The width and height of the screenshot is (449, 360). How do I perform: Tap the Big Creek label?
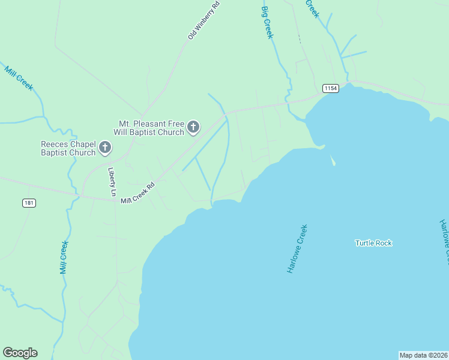coord(267,23)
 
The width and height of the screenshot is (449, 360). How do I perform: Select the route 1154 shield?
coord(331,88)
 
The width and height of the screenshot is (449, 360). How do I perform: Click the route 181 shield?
coord(29,203)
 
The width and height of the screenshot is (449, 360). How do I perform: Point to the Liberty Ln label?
coord(112,182)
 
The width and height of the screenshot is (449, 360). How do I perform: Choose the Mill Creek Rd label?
coord(137,193)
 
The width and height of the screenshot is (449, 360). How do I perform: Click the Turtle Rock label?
coord(373,243)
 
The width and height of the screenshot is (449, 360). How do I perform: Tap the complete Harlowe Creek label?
coord(297,250)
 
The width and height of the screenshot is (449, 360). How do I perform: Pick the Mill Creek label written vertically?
coord(64,257)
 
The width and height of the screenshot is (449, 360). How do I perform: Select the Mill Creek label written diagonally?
coord(19,78)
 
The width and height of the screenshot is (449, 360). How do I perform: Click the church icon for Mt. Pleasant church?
coord(193,127)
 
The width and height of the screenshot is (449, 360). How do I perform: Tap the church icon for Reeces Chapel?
coord(105,148)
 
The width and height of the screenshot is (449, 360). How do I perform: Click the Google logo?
coord(20,353)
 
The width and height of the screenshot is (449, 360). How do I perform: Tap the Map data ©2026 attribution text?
coord(423,355)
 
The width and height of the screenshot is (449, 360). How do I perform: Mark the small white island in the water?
coord(333,161)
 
